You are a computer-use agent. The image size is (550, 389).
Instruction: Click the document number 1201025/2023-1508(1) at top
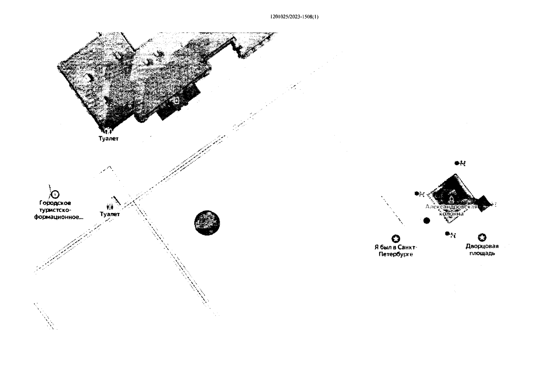pyautogui.click(x=294, y=17)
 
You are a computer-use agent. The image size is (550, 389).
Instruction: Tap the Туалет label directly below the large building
pyautogui.click(x=109, y=138)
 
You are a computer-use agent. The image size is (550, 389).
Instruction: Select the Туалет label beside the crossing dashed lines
pyautogui.click(x=110, y=214)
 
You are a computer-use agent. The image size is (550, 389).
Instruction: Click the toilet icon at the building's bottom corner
pyautogui.click(x=109, y=131)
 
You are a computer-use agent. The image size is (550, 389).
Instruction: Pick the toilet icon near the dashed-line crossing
pyautogui.click(x=110, y=206)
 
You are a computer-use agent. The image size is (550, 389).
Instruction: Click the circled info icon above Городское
pyautogui.click(x=55, y=194)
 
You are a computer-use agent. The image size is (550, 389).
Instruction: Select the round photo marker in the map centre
pyautogui.click(x=207, y=223)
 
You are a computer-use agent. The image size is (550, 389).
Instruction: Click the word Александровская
pyautogui.click(x=451, y=207)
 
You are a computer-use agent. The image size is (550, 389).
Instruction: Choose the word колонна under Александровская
pyautogui.click(x=451, y=214)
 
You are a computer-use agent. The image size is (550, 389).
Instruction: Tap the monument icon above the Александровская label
pyautogui.click(x=451, y=198)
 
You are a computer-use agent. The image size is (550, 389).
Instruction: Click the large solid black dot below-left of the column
pyautogui.click(x=427, y=221)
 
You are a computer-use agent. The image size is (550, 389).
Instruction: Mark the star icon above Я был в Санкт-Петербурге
pyautogui.click(x=395, y=239)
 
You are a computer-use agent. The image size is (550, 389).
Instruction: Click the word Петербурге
pyautogui.click(x=396, y=254)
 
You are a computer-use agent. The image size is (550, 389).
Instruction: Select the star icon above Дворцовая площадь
pyautogui.click(x=482, y=238)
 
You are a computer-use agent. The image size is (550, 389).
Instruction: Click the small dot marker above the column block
pyautogui.click(x=457, y=163)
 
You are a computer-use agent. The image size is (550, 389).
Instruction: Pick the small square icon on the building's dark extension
pyautogui.click(x=176, y=100)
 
